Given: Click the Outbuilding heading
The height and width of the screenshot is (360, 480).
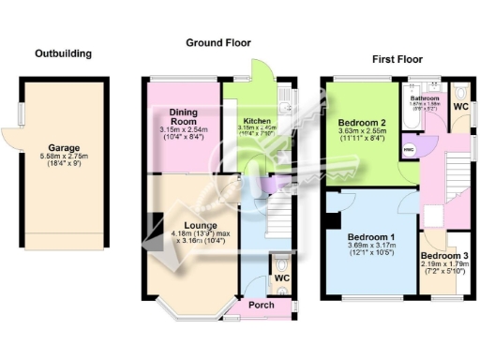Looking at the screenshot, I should tap(63, 53).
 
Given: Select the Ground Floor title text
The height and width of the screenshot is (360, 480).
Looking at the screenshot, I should tap(217, 42).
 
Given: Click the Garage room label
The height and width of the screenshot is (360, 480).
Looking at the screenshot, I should tap(64, 147).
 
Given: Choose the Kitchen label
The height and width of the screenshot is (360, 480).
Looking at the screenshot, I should tap(258, 122).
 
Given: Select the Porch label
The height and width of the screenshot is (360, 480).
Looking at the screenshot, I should tap(260, 306).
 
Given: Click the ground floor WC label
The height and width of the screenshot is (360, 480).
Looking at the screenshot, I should tap(280, 278).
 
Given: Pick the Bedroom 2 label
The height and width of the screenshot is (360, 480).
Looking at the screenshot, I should tap(361, 122).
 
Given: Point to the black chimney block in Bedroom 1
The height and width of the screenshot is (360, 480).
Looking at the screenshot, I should tap(330, 221).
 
